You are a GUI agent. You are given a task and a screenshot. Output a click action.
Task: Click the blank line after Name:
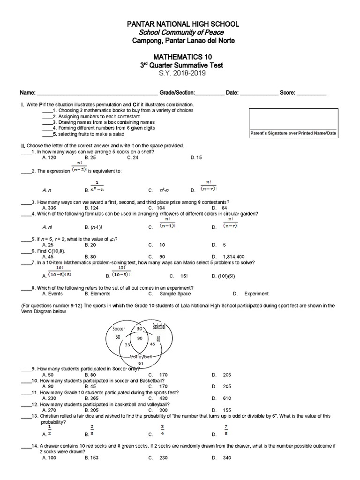(x=97, y=93)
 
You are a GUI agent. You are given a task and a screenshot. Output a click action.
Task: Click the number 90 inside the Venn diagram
(x=140, y=338)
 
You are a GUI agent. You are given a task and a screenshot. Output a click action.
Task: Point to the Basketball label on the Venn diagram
(x=159, y=327)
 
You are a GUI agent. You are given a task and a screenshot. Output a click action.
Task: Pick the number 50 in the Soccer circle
(x=118, y=337)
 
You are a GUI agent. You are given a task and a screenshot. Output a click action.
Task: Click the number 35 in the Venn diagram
(x=127, y=345)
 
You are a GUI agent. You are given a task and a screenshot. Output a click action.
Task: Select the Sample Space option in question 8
(x=175, y=294)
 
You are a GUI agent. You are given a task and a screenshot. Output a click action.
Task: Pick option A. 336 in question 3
(x=49, y=208)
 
